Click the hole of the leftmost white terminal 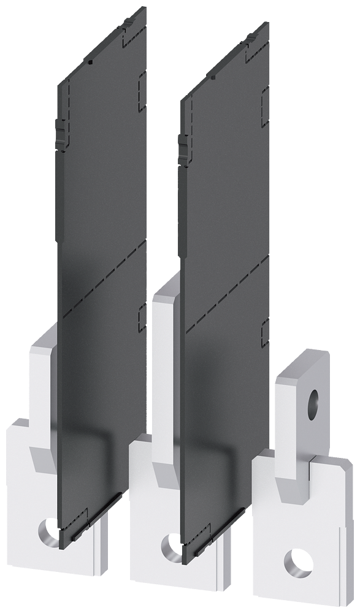47,528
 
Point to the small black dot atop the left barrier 90,62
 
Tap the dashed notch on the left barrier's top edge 129,33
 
